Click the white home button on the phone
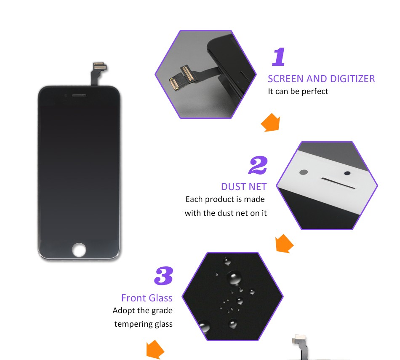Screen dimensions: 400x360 click(79, 250)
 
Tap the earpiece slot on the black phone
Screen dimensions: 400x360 click(79, 96)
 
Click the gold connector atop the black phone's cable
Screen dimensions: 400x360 click(100, 66)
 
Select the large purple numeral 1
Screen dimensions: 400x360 click(279, 56)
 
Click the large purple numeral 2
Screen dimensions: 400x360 click(258, 165)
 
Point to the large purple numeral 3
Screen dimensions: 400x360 click(164, 276)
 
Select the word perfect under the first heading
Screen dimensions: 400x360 click(315, 91)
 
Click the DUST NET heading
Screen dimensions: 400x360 click(244, 187)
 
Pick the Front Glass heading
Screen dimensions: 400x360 click(147, 298)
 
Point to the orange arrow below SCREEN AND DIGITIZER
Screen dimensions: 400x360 click(271, 123)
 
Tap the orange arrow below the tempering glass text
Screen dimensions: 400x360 click(155, 349)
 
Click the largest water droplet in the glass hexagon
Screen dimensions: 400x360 click(235, 277)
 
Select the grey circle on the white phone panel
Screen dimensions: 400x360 click(304, 172)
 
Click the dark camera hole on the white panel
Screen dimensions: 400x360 click(347, 173)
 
